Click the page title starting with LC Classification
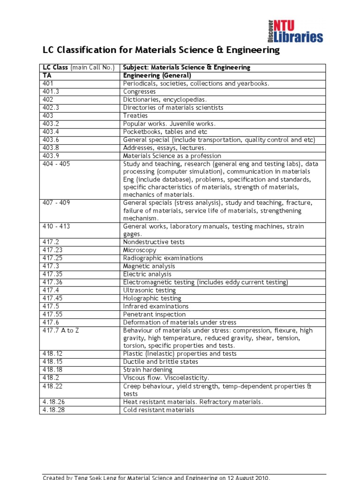click(x=161, y=50)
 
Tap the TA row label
click(x=47, y=75)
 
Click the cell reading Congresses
click(x=139, y=91)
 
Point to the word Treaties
click(x=135, y=115)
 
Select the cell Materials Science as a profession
click(x=172, y=156)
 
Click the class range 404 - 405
click(x=56, y=164)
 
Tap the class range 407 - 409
click(x=56, y=203)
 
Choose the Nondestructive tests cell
click(x=154, y=242)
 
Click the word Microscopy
click(x=140, y=250)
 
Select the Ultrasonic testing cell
click(x=149, y=290)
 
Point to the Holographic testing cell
click(x=152, y=298)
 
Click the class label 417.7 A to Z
click(x=61, y=330)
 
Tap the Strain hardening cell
click(x=148, y=370)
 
